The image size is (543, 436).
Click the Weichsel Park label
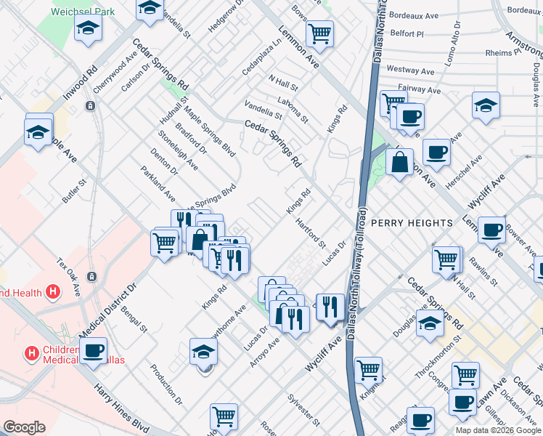point(83,12)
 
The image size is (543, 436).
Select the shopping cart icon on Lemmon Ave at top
point(319,33)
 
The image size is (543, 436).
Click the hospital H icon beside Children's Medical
point(31,354)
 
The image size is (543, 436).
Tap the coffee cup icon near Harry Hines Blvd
point(93,350)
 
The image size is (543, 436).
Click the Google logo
point(24,427)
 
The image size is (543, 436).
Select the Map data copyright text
point(497,430)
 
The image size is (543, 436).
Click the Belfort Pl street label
point(407,33)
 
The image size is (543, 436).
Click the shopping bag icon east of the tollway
point(399,162)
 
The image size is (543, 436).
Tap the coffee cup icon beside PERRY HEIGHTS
point(491,230)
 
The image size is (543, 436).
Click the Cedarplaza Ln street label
point(261,58)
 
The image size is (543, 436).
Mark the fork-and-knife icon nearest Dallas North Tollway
point(330,306)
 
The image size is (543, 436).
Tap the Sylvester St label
point(303,410)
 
